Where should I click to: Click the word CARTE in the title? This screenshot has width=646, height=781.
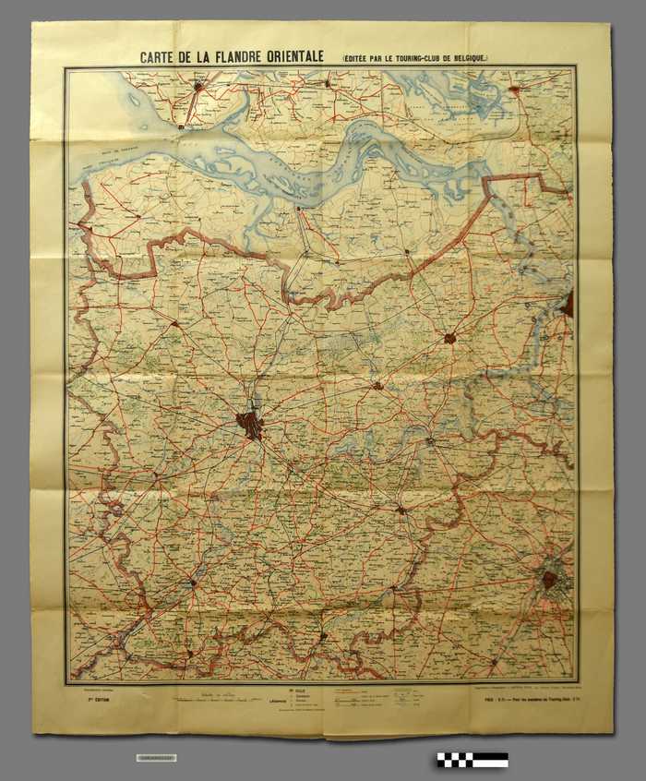click(160, 56)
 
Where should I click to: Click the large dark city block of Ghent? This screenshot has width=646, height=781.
click(249, 426)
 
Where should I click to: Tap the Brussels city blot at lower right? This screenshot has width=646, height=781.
click(550, 580)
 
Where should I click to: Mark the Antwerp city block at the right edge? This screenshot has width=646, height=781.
click(568, 304)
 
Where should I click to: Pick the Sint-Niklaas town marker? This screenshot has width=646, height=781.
click(449, 339)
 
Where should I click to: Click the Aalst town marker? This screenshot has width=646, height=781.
click(401, 510)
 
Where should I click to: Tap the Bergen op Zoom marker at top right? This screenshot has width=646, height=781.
click(515, 91)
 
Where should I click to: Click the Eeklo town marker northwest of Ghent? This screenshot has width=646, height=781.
click(174, 324)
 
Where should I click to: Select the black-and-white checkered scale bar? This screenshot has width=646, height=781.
click(473, 760)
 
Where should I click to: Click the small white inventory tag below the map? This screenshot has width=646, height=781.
click(155, 758)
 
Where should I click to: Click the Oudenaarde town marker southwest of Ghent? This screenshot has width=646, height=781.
click(192, 583)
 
